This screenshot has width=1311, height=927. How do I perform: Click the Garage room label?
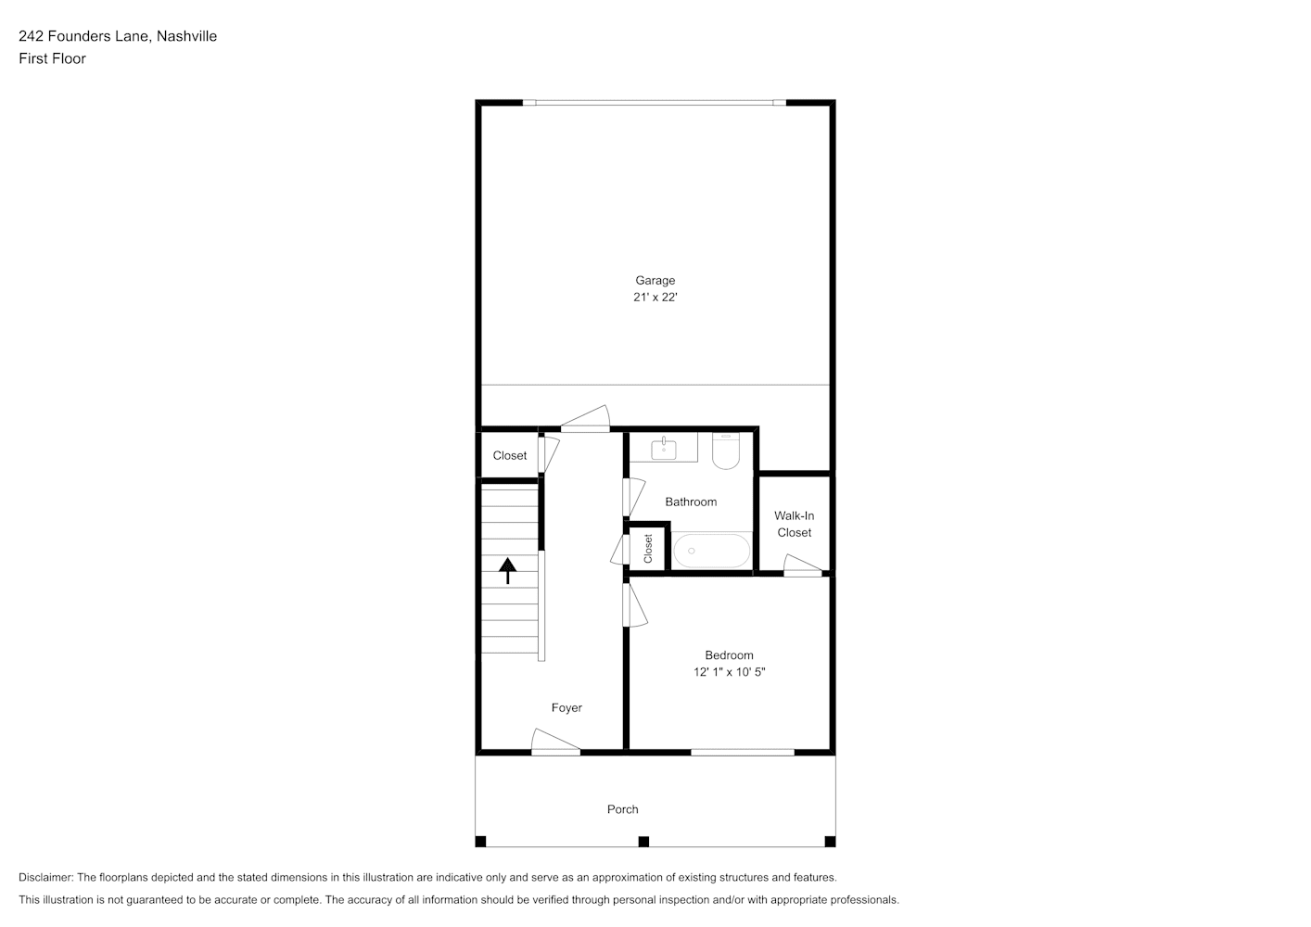(655, 280)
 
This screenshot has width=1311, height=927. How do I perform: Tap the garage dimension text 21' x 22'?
(655, 298)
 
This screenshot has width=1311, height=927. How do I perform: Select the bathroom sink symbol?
(664, 449)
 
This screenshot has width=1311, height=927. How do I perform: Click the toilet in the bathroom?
(726, 451)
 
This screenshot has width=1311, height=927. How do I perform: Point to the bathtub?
(711, 551)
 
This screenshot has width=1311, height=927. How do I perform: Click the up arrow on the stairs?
(507, 571)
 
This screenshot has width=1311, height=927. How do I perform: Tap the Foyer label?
(566, 707)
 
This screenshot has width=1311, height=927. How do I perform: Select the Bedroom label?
(729, 654)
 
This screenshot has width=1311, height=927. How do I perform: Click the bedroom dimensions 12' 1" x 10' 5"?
(730, 672)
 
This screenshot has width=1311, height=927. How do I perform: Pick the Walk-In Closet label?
(795, 524)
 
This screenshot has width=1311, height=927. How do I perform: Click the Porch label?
(622, 809)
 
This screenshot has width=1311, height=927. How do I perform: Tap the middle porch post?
(643, 842)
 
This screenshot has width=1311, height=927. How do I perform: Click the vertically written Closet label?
(648, 549)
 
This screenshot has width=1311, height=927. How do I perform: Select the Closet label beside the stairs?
(509, 455)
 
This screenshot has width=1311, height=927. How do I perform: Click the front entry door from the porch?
(555, 743)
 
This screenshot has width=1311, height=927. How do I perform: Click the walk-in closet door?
(803, 565)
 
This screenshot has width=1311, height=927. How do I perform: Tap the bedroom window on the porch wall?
(742, 752)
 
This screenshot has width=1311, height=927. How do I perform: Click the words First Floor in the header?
(52, 58)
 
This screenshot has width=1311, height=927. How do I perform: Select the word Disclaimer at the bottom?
(45, 877)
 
